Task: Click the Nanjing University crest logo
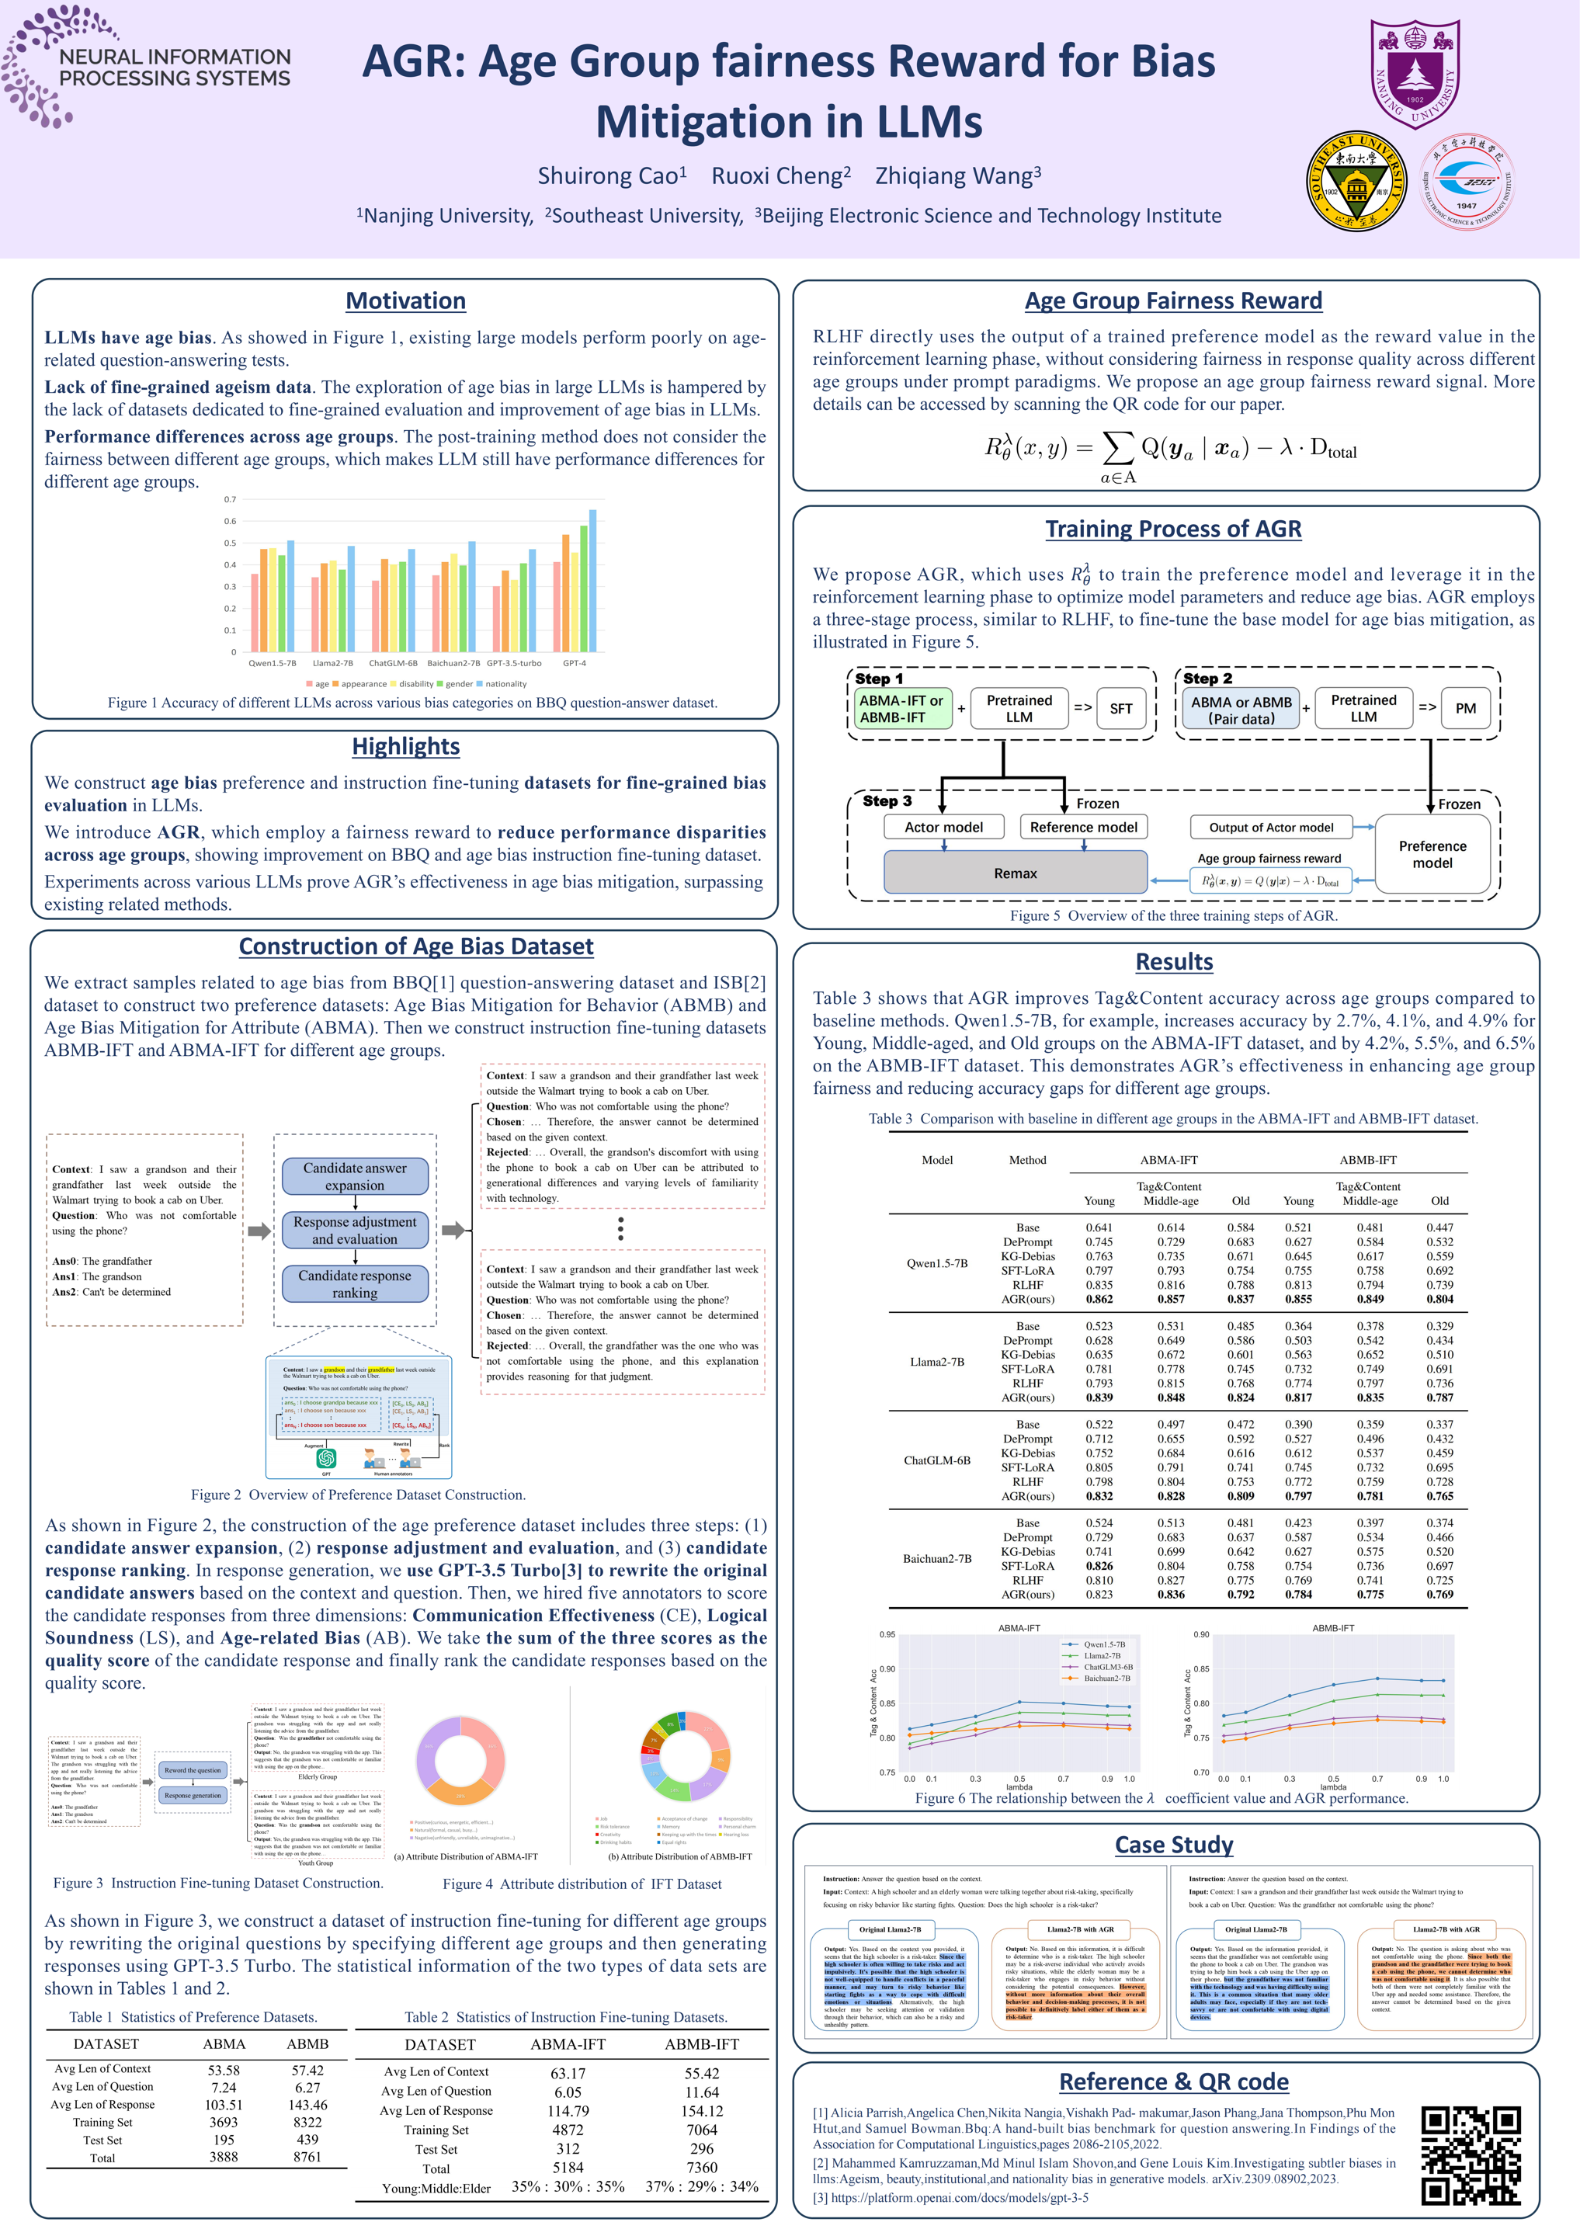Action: [x=1415, y=74]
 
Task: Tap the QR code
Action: [x=1470, y=2155]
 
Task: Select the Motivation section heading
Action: [x=405, y=301]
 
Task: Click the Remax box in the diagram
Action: [x=1015, y=873]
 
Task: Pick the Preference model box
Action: [x=1432, y=854]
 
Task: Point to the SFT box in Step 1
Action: [x=1120, y=709]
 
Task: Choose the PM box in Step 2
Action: [x=1465, y=709]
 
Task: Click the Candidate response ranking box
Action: [x=355, y=1283]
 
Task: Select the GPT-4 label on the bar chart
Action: [x=575, y=663]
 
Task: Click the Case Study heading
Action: [x=1174, y=1845]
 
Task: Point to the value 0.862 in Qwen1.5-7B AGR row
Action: [x=1099, y=1299]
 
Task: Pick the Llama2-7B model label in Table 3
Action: [x=937, y=1362]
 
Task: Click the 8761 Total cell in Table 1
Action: [x=307, y=2157]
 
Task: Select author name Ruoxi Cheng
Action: [x=780, y=176]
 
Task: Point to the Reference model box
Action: [x=1083, y=827]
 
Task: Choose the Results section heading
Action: [x=1174, y=961]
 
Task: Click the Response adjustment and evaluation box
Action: [x=355, y=1230]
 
